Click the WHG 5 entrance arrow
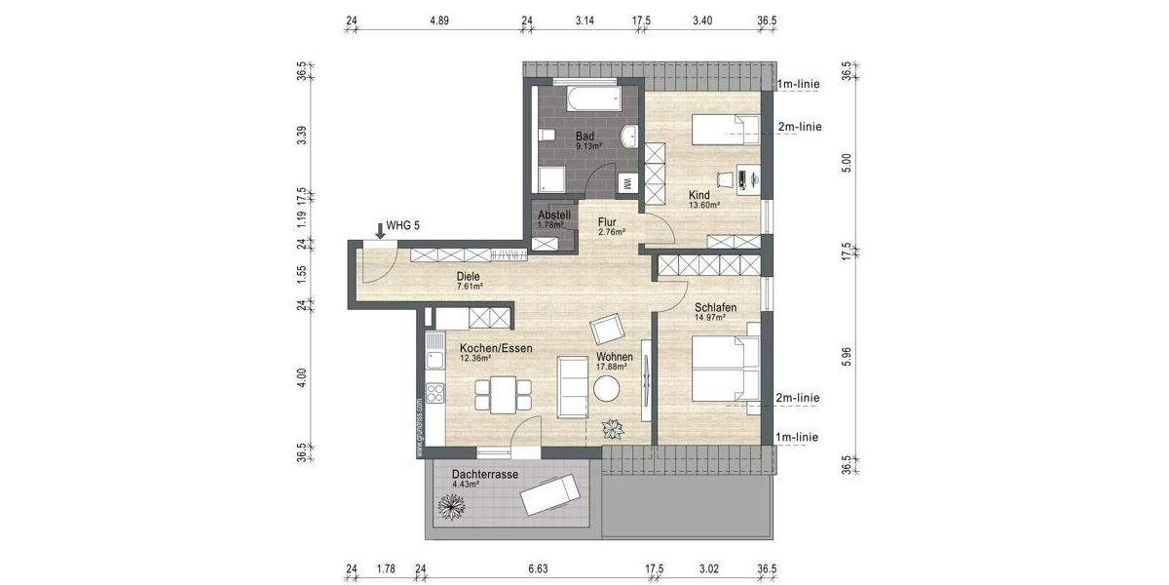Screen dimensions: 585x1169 (379, 230)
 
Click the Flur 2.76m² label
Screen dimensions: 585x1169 (610, 227)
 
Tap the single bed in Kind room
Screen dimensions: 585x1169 (725, 128)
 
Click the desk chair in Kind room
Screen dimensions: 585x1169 (724, 178)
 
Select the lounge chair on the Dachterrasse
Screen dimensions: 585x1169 (551, 497)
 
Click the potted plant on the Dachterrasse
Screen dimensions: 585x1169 (453, 506)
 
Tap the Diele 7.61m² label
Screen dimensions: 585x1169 (469, 282)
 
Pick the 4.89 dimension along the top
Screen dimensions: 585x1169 (438, 20)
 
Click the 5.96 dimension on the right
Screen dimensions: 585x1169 (847, 357)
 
